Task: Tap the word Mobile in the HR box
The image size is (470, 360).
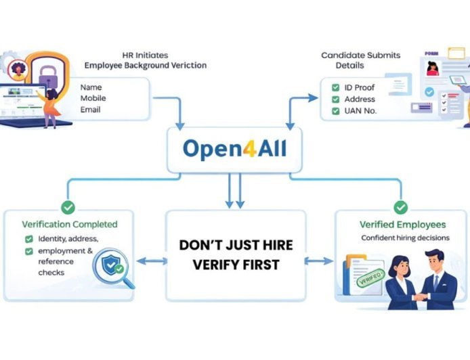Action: pyautogui.click(x=93, y=98)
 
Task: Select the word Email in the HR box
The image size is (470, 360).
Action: pyautogui.click(x=90, y=109)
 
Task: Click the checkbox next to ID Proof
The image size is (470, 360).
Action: pyautogui.click(x=335, y=88)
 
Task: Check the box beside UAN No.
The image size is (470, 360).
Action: pyautogui.click(x=335, y=110)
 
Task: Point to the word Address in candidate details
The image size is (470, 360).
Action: pyautogui.click(x=359, y=99)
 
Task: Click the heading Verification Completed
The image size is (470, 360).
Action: pyautogui.click(x=70, y=224)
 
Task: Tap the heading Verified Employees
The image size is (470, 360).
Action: pyautogui.click(x=402, y=224)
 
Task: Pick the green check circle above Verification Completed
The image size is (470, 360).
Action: pyautogui.click(x=68, y=207)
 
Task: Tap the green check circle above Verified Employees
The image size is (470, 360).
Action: pyautogui.click(x=401, y=207)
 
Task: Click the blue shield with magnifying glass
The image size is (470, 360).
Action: pyautogui.click(x=109, y=265)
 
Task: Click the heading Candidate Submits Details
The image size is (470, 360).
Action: pyautogui.click(x=360, y=60)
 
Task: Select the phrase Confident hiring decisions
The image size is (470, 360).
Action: pyautogui.click(x=402, y=238)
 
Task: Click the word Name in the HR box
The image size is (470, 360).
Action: pyautogui.click(x=90, y=87)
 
